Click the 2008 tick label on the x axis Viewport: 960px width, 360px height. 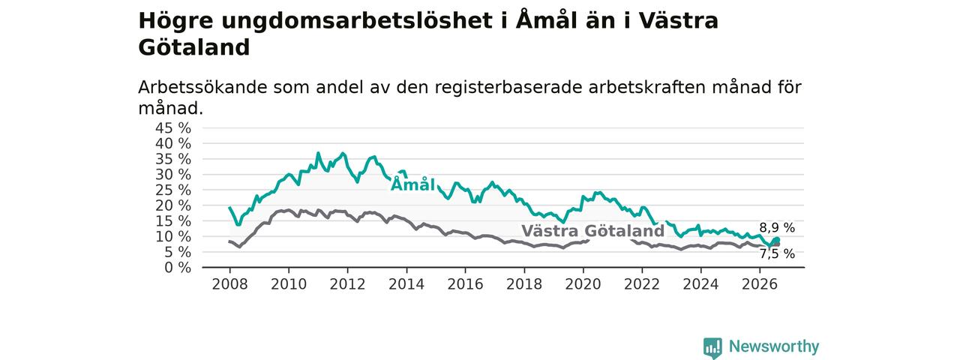point(229,284)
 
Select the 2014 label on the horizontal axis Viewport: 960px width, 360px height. point(406,284)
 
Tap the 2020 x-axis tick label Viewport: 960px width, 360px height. point(583,284)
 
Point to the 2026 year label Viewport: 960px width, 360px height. point(760,284)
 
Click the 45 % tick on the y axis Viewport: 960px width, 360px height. point(173,127)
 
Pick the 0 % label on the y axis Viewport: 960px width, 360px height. point(178,268)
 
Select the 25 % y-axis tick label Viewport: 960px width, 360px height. point(173,190)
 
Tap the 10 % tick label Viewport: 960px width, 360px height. point(173,236)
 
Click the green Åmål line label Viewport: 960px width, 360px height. point(412,184)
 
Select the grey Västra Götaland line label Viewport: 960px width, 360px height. point(592,231)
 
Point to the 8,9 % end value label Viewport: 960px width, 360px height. point(777,227)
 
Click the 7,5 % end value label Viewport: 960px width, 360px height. point(777,253)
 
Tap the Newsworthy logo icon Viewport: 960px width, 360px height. point(712,346)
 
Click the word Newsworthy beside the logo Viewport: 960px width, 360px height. point(774,346)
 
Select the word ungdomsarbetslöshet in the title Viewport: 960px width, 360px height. point(357,21)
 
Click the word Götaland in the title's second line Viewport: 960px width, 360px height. point(193,47)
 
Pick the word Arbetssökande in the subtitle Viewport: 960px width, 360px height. point(202,88)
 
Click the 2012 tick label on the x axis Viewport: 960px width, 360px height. point(347,284)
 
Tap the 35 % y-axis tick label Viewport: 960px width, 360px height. point(173,159)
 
